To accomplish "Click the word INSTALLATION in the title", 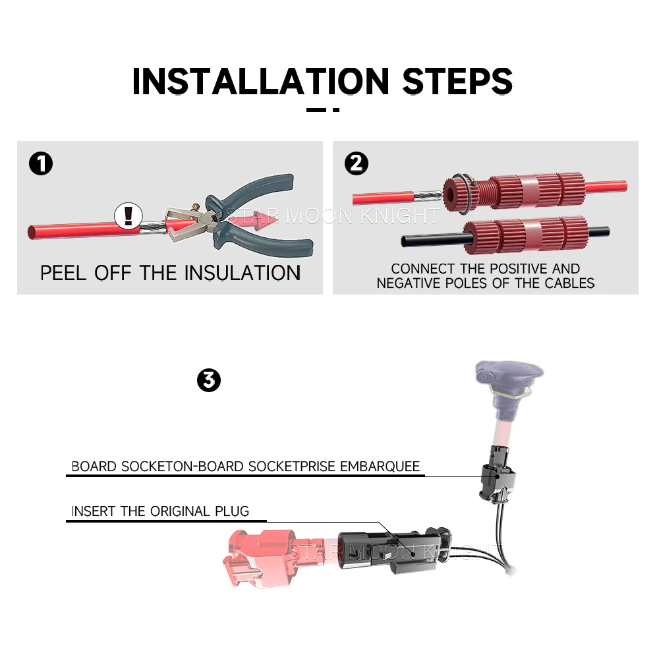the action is (x=261, y=81).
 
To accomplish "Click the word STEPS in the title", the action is (x=458, y=81).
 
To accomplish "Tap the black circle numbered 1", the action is (x=41, y=163).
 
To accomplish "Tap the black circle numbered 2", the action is (x=357, y=163).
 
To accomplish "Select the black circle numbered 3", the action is (x=209, y=380).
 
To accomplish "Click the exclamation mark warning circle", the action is (x=129, y=216).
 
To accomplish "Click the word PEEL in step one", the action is (x=63, y=273).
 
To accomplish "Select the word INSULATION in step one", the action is (x=243, y=273).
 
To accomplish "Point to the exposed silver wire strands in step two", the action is (x=428, y=196).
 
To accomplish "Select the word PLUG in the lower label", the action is (x=232, y=511).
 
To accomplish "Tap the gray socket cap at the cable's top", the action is (x=509, y=374).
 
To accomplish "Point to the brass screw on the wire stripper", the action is (x=196, y=207).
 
